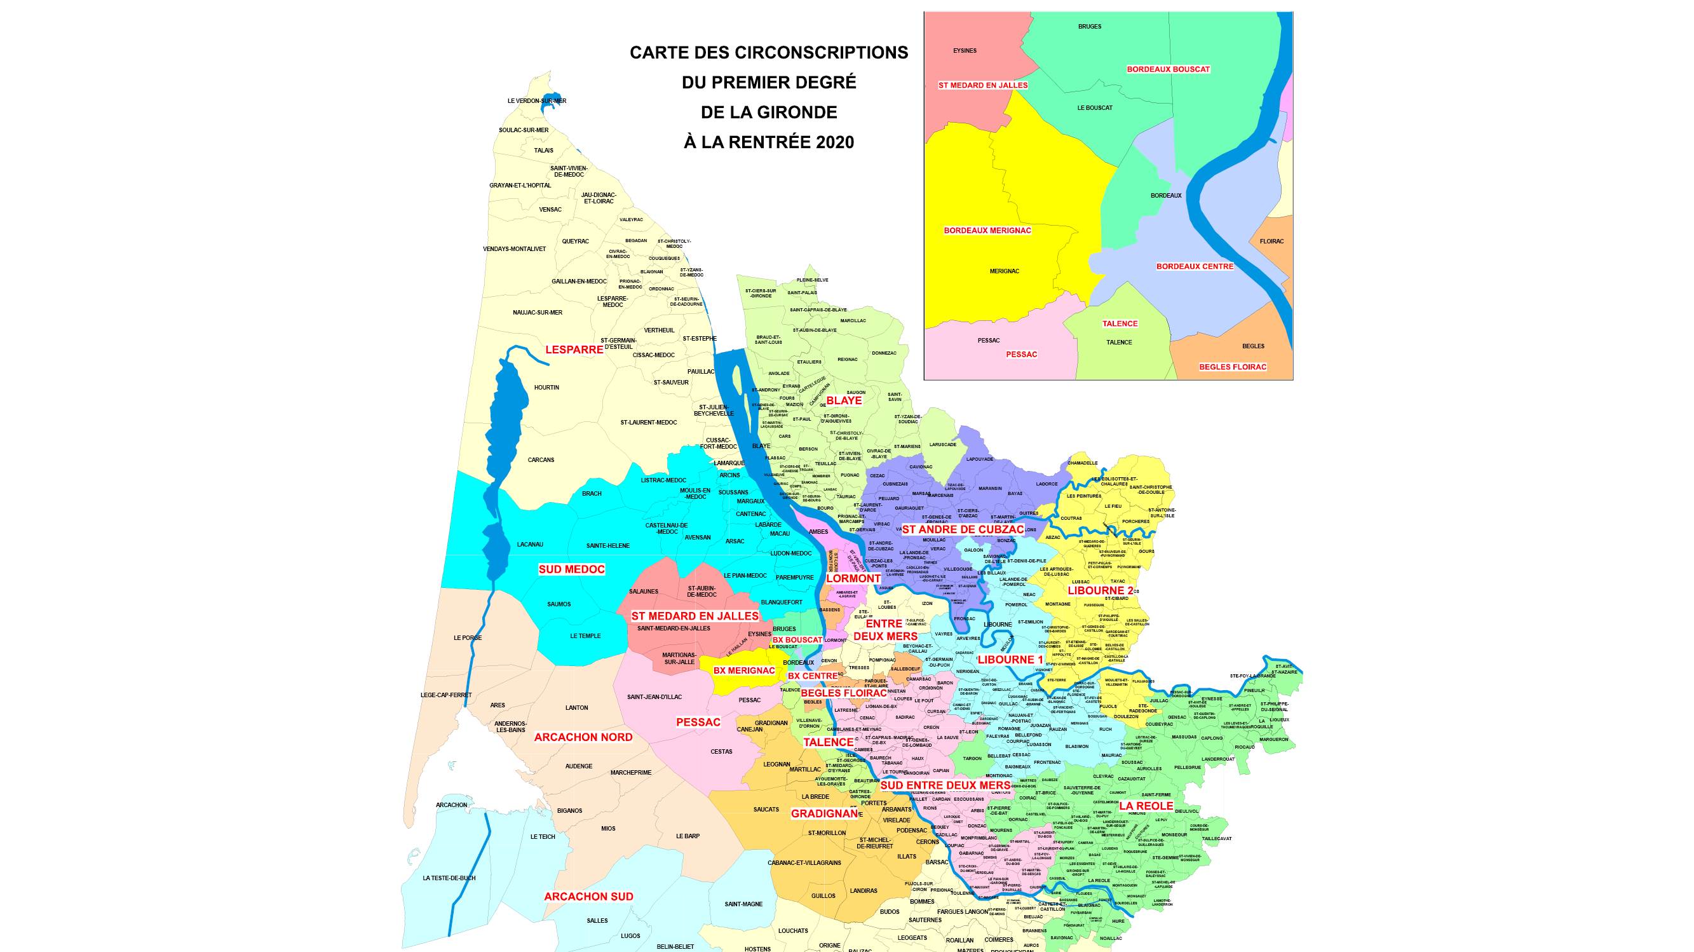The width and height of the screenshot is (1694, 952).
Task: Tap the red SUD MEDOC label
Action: tap(571, 569)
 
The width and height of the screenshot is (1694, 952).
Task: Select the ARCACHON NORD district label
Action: tap(583, 737)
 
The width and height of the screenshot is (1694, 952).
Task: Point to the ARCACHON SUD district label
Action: tap(588, 896)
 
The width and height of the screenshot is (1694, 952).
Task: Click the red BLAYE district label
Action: tap(843, 400)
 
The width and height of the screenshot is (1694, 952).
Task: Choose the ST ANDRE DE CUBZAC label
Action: tap(962, 529)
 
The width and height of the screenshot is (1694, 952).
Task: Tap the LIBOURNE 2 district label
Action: tap(1100, 590)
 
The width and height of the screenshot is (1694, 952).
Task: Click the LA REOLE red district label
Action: tap(1146, 805)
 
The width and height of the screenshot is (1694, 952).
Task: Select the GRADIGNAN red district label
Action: tap(824, 813)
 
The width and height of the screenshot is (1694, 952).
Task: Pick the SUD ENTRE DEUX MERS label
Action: tap(944, 785)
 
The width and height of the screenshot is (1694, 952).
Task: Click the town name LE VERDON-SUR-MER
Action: tap(537, 100)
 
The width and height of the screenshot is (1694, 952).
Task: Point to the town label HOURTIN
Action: tap(546, 388)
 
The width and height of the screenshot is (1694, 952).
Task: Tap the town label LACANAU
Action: tap(530, 544)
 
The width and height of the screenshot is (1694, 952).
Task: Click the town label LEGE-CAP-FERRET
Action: tap(446, 695)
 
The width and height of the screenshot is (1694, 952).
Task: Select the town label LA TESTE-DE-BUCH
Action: tap(449, 878)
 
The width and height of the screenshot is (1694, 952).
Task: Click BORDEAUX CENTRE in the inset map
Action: tap(1194, 266)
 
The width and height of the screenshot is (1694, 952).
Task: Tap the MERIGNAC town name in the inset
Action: tap(1004, 271)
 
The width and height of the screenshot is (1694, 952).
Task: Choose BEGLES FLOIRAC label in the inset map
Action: tap(1231, 367)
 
